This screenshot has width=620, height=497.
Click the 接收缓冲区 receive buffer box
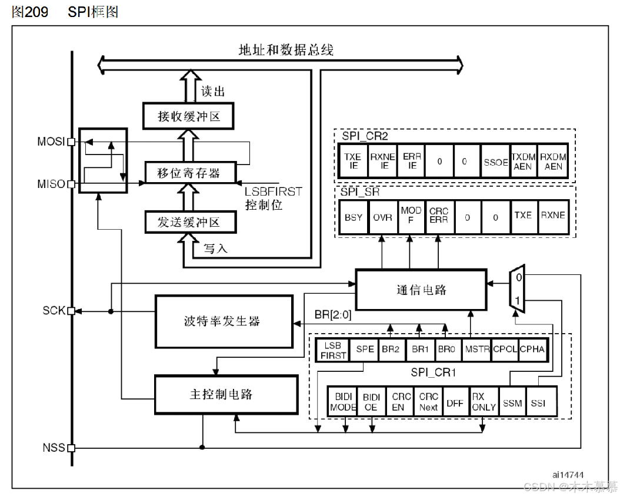click(x=189, y=116)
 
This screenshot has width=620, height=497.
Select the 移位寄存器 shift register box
click(x=189, y=173)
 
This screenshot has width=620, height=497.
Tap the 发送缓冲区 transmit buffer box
click(x=189, y=222)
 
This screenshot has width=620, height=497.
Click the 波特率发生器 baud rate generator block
click(x=224, y=321)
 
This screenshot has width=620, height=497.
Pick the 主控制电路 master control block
click(x=224, y=394)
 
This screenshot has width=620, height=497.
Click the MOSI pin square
click(x=71, y=142)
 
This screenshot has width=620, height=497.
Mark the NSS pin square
click(x=71, y=448)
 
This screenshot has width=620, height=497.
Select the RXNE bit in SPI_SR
click(x=553, y=216)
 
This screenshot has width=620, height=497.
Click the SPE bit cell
click(x=365, y=348)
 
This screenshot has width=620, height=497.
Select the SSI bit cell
click(x=538, y=403)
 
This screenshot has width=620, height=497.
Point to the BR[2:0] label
click(x=333, y=315)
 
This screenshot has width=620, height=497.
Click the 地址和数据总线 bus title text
click(x=286, y=50)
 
